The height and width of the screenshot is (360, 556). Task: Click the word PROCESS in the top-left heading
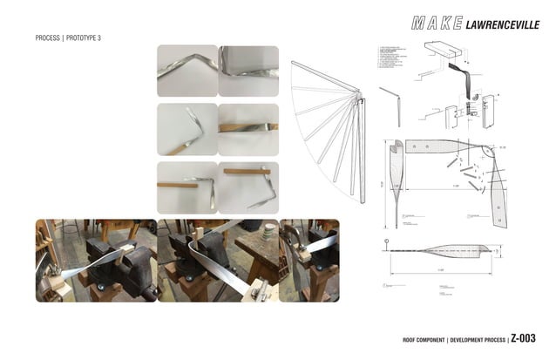click(48, 39)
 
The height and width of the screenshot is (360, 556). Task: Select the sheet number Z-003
click(523, 339)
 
